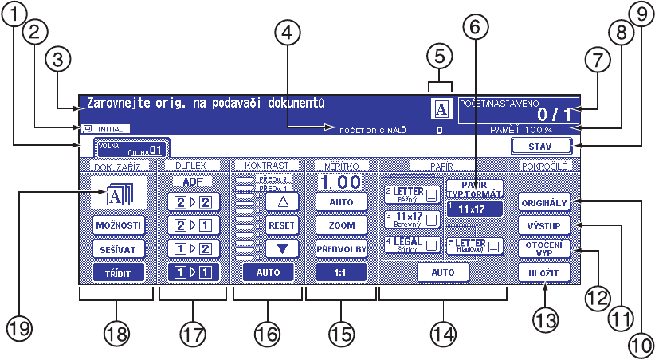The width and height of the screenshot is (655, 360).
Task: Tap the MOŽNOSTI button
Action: (x=117, y=225)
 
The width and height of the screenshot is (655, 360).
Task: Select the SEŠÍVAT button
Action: (x=117, y=248)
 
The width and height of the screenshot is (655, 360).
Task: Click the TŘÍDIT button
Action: (x=117, y=272)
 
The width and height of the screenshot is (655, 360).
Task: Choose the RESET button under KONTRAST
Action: (x=280, y=225)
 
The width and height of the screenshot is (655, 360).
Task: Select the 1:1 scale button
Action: (x=342, y=272)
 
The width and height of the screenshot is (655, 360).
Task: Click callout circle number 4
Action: (x=288, y=33)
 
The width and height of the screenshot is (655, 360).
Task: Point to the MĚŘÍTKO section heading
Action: (x=341, y=165)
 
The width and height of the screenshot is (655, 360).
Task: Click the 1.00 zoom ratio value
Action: (x=340, y=182)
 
